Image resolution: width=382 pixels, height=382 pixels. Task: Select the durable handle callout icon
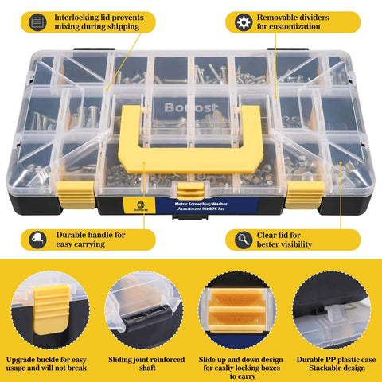pyautogui.click(x=36, y=237)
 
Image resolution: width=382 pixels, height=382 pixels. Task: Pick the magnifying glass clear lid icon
pyautogui.click(x=242, y=237)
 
